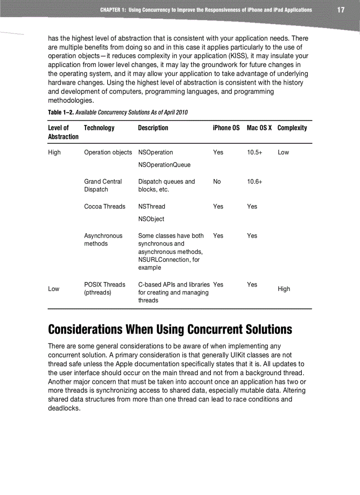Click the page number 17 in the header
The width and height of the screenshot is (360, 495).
pos(341,10)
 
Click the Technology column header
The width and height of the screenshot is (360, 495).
pos(99,128)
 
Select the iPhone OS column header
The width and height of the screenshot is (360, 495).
pos(226,128)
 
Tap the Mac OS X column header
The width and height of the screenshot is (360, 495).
pos(259,128)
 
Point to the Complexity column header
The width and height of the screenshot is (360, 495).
pos(292,128)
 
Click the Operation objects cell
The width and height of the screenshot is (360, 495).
pos(108,152)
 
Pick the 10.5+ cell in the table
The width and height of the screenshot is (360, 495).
pos(255,152)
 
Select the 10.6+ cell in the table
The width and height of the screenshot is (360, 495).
pos(255,182)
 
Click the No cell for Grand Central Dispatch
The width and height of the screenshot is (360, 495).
pos(217,182)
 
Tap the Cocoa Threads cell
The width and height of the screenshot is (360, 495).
pos(105,206)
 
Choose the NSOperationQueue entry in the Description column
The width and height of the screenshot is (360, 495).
pos(164,165)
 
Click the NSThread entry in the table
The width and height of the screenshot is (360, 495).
pos(151,206)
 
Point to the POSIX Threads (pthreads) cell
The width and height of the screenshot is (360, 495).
pos(105,288)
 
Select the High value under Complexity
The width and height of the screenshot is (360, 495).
pos(284,289)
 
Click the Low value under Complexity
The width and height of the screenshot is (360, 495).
pos(283,152)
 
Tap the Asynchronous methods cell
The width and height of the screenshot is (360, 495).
pos(103,240)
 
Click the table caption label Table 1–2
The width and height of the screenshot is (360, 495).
pos(60,112)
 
